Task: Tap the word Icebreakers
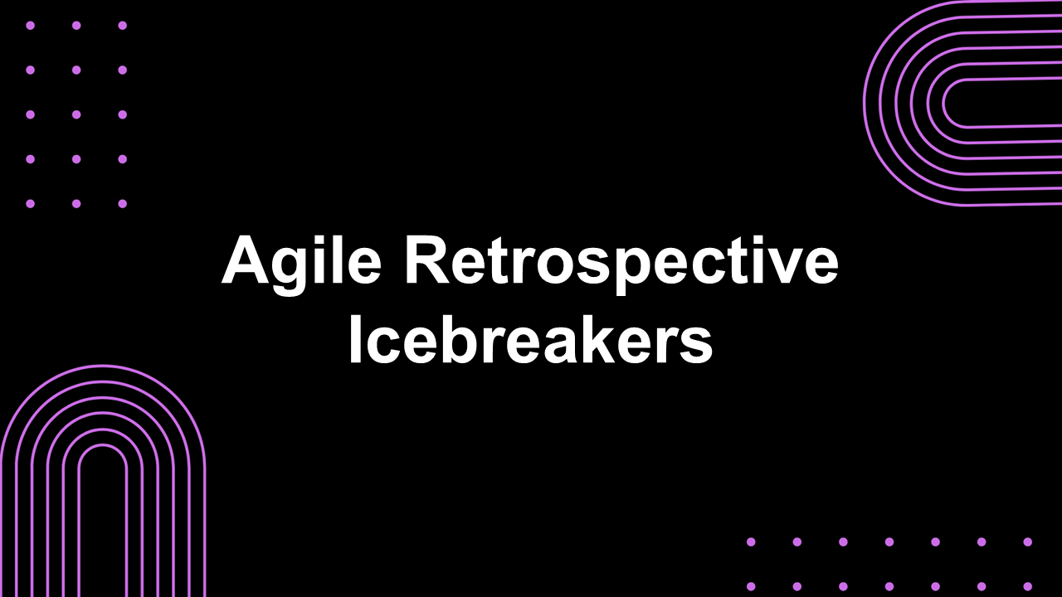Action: tap(531, 337)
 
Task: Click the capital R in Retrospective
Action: tap(428, 259)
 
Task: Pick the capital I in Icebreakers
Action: tap(356, 338)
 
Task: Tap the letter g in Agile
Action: tap(296, 271)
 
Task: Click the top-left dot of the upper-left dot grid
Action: tap(31, 26)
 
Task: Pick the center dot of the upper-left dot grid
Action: tap(76, 114)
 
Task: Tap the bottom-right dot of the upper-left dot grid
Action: tap(122, 204)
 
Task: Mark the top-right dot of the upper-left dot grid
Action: tap(122, 26)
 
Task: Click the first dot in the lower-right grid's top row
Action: tap(751, 541)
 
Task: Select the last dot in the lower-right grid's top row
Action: tap(1027, 541)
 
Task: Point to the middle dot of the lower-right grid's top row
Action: tap(889, 541)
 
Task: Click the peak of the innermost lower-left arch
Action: tap(102, 445)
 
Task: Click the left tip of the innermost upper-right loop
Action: tap(943, 103)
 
